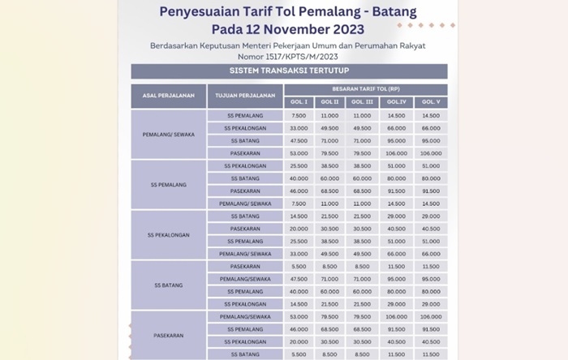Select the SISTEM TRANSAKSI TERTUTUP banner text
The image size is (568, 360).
289,71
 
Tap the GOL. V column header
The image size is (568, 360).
431,101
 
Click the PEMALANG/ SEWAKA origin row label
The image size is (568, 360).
168,135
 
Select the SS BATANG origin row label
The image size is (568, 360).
168,285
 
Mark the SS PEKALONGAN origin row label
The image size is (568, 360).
168,235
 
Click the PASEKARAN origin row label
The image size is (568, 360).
168,335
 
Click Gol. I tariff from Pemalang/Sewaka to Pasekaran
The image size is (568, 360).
298,152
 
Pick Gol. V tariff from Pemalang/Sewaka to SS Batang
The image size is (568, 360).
431,140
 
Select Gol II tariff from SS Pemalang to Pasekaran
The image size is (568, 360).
329,191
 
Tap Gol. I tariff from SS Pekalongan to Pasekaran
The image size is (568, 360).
298,229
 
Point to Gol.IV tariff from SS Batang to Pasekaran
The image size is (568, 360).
397,266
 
